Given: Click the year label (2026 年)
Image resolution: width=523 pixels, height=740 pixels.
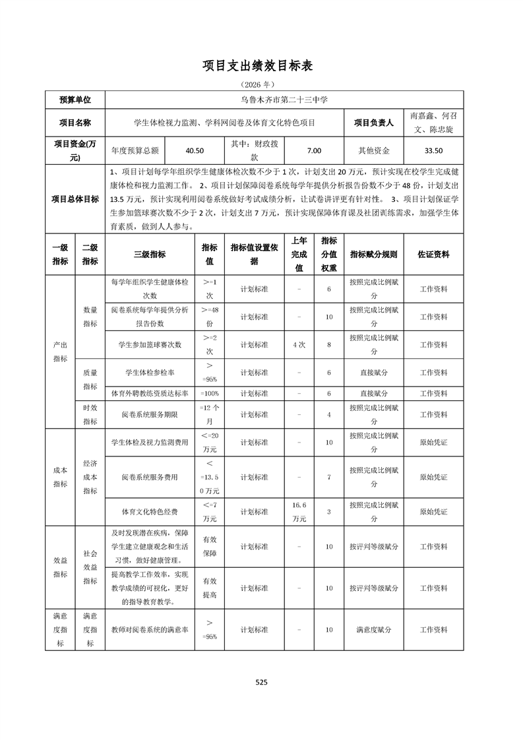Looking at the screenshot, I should [x=261, y=84].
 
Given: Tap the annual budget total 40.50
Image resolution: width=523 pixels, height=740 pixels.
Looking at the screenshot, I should [x=195, y=150].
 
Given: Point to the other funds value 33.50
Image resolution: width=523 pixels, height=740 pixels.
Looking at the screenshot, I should [x=433, y=150].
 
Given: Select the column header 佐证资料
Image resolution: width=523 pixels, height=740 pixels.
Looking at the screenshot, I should [x=433, y=254].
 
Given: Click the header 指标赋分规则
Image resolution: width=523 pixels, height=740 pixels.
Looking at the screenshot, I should [x=373, y=254].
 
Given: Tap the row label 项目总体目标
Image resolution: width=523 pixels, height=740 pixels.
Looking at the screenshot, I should [x=75, y=199].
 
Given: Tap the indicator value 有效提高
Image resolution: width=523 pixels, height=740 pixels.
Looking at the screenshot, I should [x=210, y=588].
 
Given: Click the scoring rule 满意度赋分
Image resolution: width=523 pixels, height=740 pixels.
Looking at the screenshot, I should [x=373, y=630].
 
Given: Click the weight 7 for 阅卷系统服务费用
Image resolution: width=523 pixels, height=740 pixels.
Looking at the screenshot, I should [x=329, y=477].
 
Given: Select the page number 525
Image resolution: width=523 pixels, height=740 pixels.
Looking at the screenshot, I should [x=261, y=683].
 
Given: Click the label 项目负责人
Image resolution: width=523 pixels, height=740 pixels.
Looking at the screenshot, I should [x=373, y=123].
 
